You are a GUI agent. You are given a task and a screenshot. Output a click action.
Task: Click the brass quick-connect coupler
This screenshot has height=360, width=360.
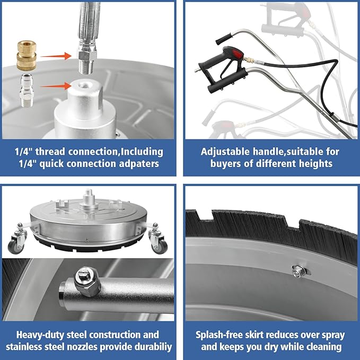click(27, 55)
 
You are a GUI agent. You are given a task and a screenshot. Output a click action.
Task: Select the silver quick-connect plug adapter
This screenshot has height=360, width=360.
click(27, 91)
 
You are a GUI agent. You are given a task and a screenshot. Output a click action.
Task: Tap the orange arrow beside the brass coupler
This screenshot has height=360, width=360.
click(56, 56)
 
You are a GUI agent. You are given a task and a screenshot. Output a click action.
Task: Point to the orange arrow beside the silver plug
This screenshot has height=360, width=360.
click(56, 86)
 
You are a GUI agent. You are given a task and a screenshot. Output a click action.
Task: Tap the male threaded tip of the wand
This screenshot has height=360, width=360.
click(86, 67)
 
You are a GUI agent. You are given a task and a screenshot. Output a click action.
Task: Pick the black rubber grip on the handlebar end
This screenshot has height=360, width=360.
click(224, 39)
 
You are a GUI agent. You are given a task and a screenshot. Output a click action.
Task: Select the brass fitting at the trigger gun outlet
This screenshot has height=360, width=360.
click(249, 60)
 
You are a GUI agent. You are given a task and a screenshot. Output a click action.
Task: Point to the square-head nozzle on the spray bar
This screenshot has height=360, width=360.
click(87, 281)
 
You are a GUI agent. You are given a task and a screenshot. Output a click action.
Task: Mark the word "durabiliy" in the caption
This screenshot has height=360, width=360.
click(153, 347)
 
